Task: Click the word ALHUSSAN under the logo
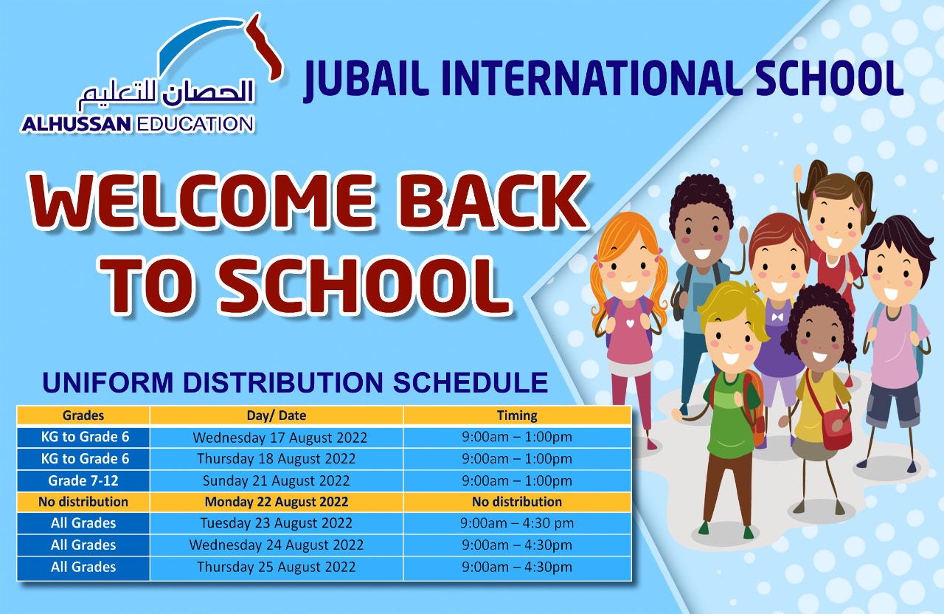tap(77, 125)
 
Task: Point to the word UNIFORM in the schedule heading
tap(108, 383)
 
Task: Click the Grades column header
tap(83, 415)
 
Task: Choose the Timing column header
tap(517, 415)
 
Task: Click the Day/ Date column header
tap(277, 415)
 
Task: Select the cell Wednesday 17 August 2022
tap(280, 438)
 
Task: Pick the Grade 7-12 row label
tap(83, 480)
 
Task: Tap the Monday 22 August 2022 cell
tap(277, 502)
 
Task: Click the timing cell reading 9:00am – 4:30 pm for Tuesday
tap(517, 523)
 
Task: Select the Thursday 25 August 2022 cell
tap(277, 568)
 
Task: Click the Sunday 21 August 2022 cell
tap(277, 480)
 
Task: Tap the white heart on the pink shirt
tap(630, 323)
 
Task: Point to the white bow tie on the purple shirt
tap(777, 317)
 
